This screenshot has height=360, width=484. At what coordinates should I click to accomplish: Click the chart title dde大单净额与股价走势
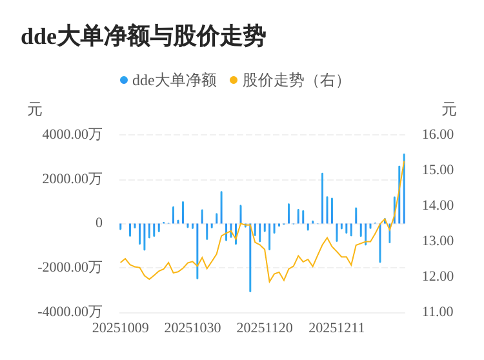tap(143, 36)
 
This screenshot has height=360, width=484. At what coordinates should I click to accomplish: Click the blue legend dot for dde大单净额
tap(124, 80)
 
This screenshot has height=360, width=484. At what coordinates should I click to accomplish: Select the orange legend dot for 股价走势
tap(234, 80)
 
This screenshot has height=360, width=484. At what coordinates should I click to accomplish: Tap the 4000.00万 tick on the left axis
tap(72, 134)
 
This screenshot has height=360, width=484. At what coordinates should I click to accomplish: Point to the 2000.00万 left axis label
tap(72, 179)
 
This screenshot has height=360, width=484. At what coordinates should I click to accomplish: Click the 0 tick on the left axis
tap(99, 223)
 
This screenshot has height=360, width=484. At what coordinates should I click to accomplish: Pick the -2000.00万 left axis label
tap(70, 267)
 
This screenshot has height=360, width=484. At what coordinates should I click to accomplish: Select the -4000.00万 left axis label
tap(70, 312)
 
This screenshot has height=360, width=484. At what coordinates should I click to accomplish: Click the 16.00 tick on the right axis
tap(438, 134)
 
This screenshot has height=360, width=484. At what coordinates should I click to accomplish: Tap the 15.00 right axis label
tap(438, 170)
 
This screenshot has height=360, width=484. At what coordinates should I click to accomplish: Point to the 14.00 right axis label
tap(438, 205)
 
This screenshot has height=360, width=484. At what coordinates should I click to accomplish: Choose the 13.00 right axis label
tap(438, 241)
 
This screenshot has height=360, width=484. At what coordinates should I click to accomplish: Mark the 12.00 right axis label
tap(438, 276)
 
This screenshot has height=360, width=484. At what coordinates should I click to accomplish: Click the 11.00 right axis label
tap(438, 312)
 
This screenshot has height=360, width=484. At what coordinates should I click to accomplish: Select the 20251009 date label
tap(121, 328)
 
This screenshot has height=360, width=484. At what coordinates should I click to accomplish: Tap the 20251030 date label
tap(192, 328)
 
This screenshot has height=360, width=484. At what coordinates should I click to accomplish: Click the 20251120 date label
tap(265, 328)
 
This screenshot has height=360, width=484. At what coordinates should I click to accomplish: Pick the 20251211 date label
tap(337, 328)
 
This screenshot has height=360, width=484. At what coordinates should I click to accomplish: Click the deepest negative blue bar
tap(250, 258)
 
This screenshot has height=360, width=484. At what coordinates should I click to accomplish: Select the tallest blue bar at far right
tap(404, 188)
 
